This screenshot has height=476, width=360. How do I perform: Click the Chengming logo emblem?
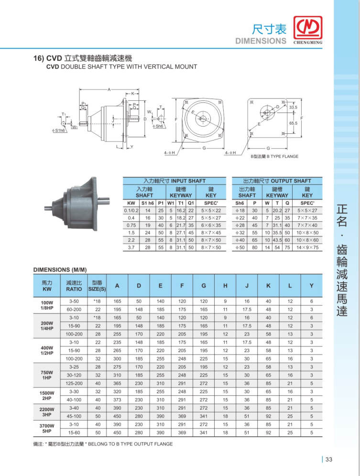(309, 29)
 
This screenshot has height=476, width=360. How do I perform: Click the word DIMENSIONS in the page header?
(261, 41)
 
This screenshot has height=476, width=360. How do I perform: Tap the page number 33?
(328, 460)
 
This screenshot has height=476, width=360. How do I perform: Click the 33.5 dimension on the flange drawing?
(293, 108)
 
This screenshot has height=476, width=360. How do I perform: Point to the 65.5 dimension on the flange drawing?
(293, 123)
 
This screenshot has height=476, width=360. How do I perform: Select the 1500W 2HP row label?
(47, 396)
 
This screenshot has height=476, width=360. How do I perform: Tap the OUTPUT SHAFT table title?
(277, 181)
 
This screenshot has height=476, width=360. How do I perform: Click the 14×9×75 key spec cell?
(307, 248)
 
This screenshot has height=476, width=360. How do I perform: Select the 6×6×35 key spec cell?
(211, 225)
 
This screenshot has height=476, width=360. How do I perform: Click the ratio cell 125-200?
(74, 383)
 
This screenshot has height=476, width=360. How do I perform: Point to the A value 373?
(117, 400)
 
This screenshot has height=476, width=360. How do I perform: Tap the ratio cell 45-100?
(74, 416)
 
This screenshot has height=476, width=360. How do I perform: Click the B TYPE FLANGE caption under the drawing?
(274, 156)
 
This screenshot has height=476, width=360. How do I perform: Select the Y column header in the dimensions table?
(311, 286)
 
